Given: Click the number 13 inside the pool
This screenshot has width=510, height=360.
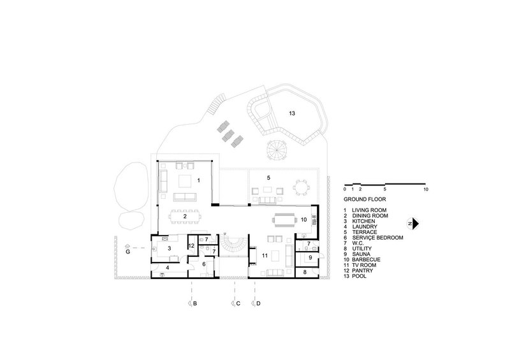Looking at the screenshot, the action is [x=292, y=113].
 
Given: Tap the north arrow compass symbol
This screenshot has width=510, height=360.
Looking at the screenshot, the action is [x=413, y=224].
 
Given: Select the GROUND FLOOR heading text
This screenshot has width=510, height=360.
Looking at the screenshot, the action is [x=365, y=199].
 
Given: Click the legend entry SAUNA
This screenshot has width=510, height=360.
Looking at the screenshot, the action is [x=361, y=254].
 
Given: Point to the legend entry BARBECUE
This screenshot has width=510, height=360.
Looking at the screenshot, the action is [x=366, y=259].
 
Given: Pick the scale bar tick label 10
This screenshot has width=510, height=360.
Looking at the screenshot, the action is [x=426, y=189].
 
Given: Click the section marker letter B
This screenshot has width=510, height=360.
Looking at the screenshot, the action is [x=195, y=303].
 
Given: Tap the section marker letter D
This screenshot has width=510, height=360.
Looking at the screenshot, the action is [x=258, y=303].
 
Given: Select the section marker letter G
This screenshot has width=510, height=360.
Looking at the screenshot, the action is [x=128, y=252].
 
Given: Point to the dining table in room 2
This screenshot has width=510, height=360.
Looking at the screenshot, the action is [x=185, y=216].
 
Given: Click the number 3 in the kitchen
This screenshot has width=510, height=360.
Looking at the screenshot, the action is [x=169, y=248].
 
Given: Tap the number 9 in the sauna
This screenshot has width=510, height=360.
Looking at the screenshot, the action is [x=310, y=257].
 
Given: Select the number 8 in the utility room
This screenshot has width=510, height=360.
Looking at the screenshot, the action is [x=305, y=272].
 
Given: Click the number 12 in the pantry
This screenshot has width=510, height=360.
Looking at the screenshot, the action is [x=191, y=246].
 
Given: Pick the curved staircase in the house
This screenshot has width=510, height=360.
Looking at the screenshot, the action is [x=232, y=246].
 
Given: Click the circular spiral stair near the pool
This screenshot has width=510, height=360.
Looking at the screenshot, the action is [x=277, y=150].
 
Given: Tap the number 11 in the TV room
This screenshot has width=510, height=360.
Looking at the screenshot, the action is [x=265, y=256].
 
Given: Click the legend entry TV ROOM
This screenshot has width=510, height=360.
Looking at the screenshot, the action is [x=364, y=265].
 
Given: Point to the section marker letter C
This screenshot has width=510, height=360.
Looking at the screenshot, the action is [x=238, y=303].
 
